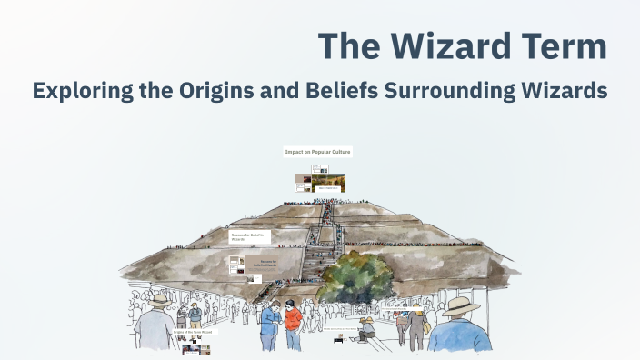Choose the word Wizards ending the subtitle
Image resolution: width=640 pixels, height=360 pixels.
click(x=566, y=92)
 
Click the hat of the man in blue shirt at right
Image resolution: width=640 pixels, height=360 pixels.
click(x=460, y=304)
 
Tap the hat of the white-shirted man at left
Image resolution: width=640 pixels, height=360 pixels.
click(x=160, y=299)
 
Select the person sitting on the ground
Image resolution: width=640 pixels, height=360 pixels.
click(x=367, y=328)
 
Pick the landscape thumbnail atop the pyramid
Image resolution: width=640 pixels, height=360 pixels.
click(x=328, y=183)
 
